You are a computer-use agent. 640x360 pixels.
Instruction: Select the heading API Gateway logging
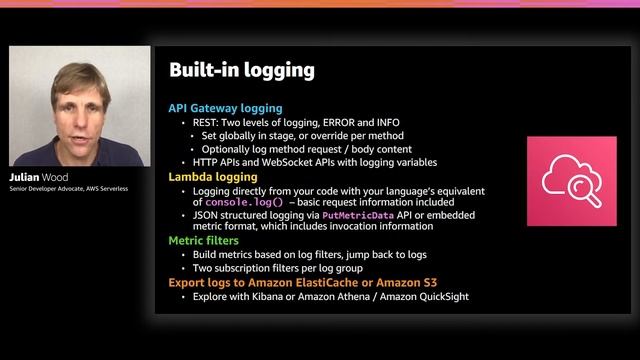[x=225, y=108]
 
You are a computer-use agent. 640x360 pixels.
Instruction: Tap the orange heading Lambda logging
[x=212, y=177]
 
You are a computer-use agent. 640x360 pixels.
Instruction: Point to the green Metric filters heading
[x=208, y=241]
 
